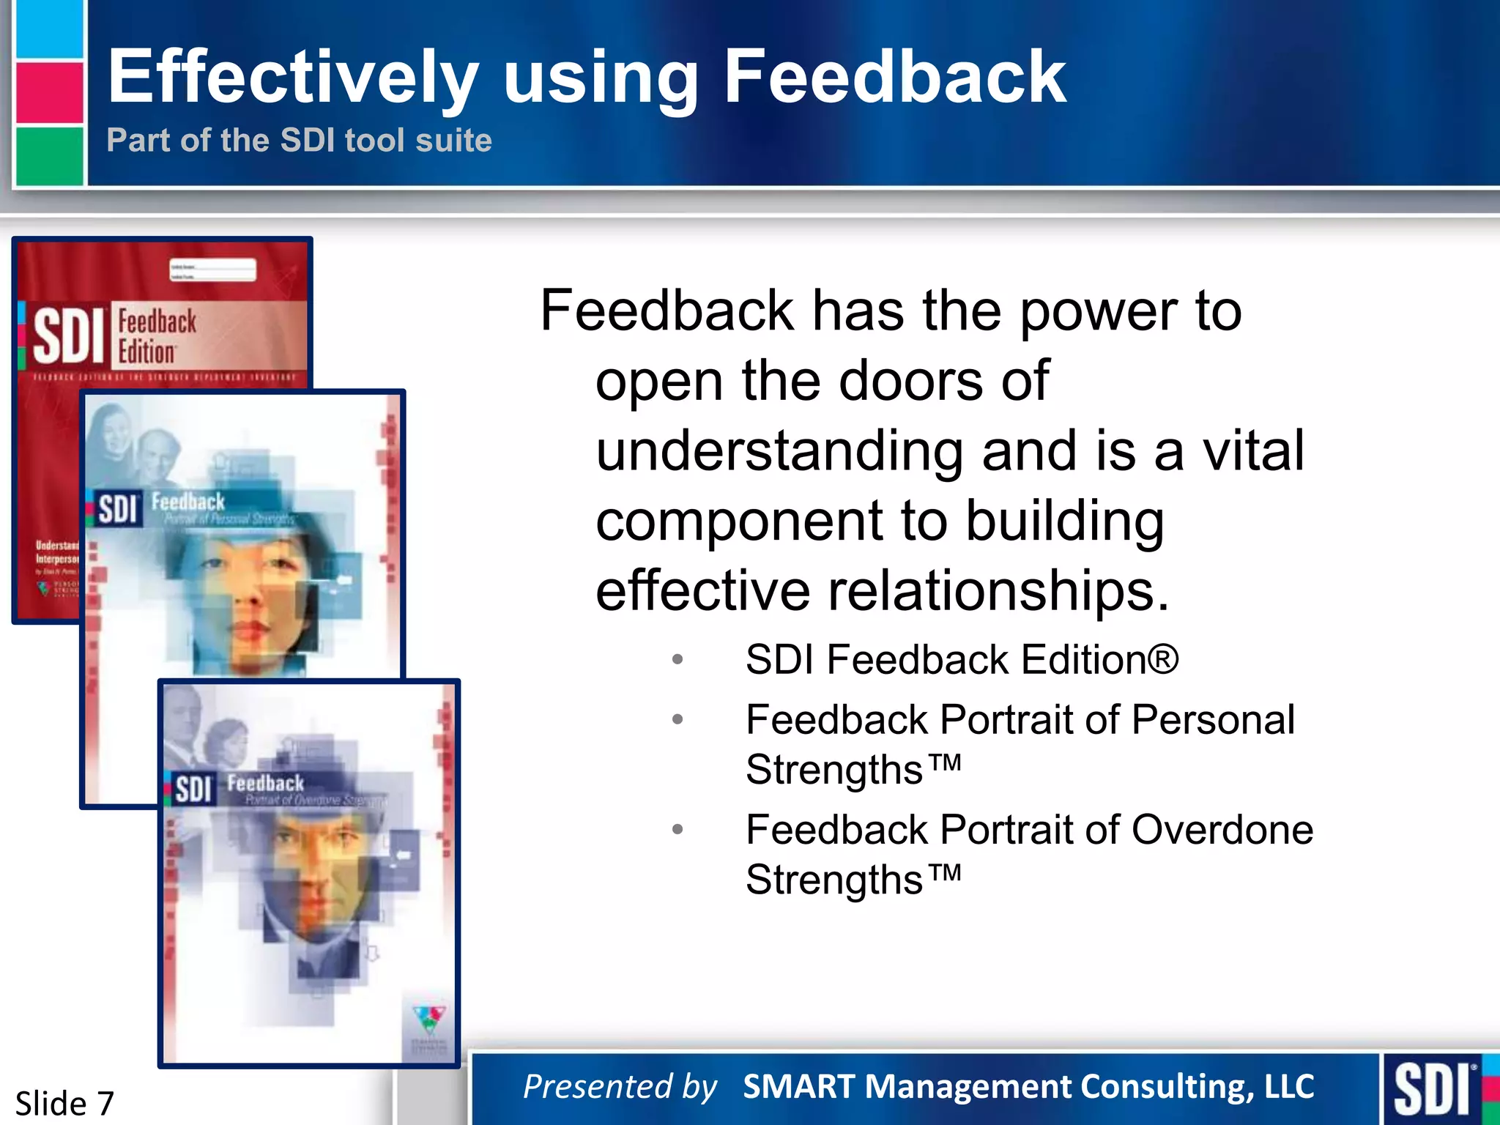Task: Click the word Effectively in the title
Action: (293, 78)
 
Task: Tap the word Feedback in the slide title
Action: (894, 76)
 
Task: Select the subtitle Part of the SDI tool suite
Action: (299, 140)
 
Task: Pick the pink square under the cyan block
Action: (50, 92)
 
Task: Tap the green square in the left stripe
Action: (50, 155)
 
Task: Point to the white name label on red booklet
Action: (213, 270)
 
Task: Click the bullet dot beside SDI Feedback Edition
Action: (677, 659)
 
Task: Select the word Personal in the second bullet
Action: (1213, 719)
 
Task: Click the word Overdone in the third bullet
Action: (1222, 830)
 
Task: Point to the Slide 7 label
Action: (64, 1103)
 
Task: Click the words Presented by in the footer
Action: (620, 1086)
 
